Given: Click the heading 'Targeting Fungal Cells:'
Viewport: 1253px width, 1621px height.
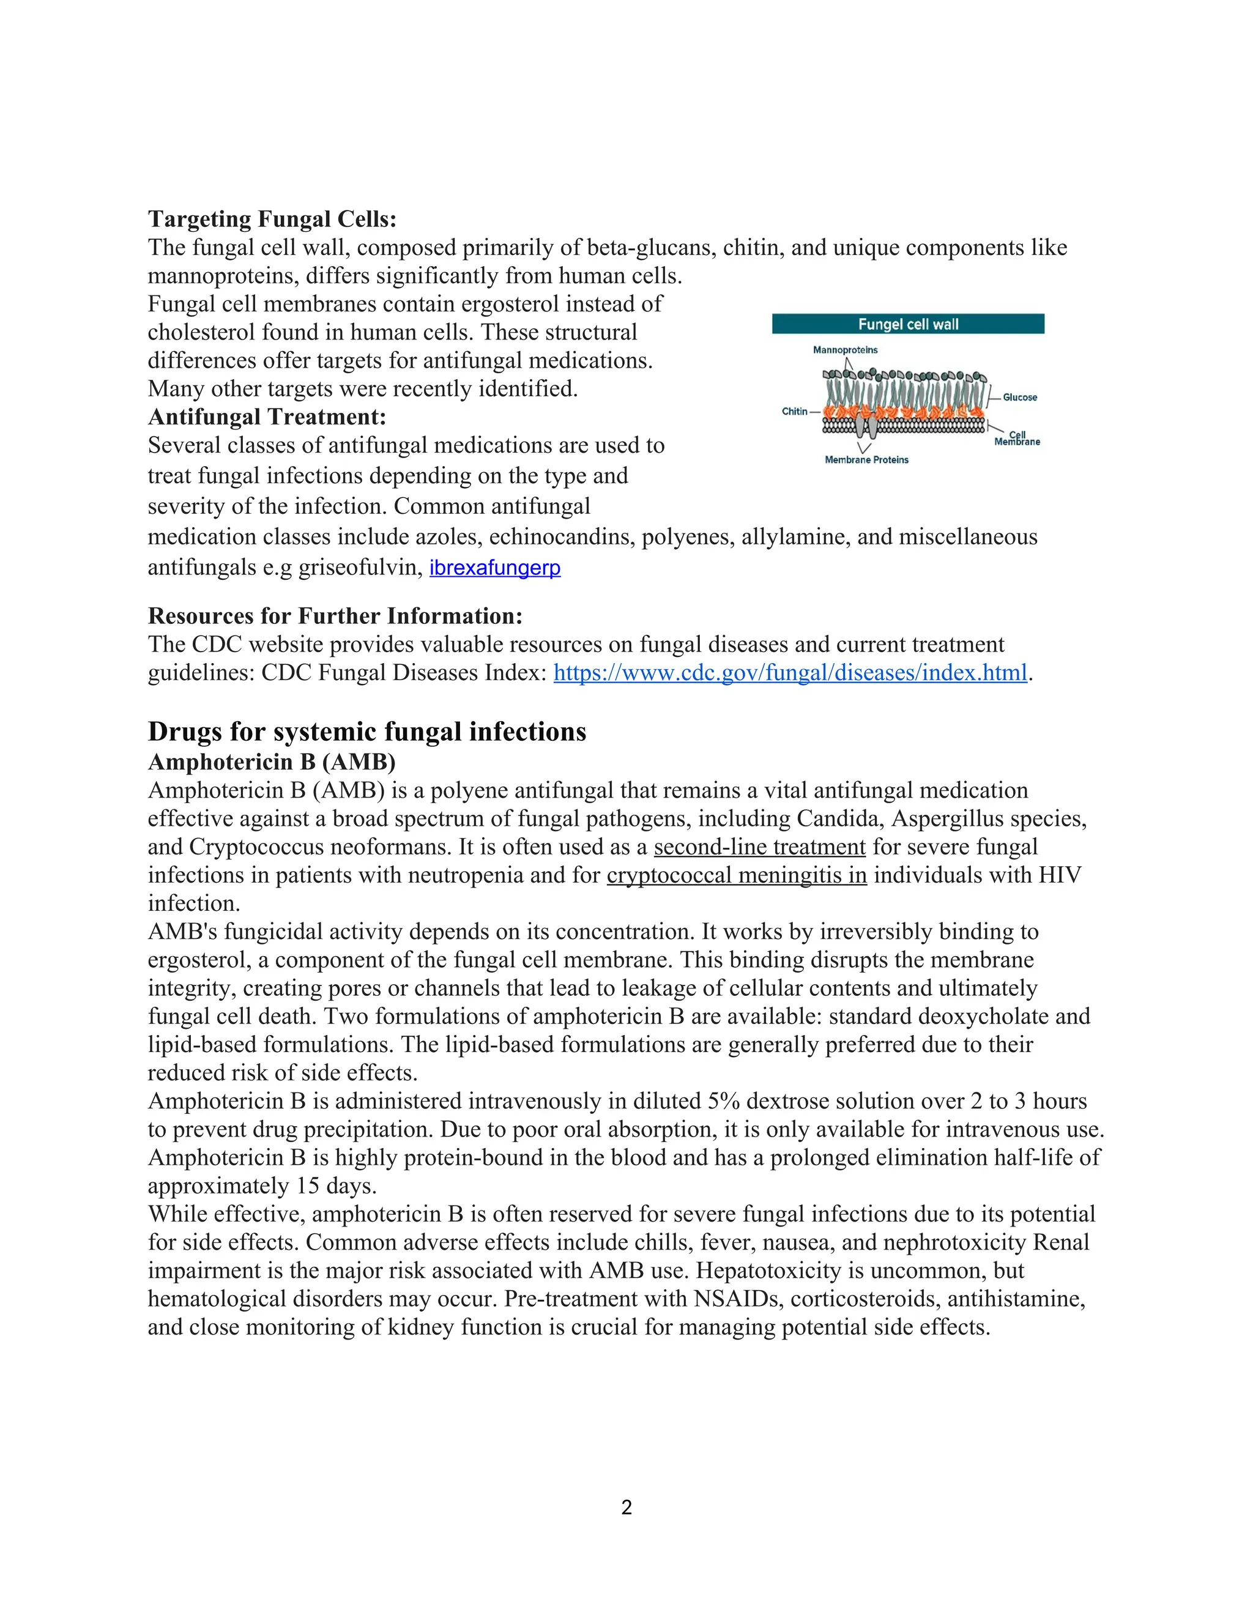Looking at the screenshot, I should click(272, 219).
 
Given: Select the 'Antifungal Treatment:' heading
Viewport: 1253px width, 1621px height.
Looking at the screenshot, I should click(267, 417).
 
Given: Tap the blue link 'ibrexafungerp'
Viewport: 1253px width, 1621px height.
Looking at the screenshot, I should click(494, 568).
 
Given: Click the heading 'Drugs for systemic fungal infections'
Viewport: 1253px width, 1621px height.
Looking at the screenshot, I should click(366, 731).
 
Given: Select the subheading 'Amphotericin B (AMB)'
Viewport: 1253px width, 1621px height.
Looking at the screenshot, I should click(272, 762).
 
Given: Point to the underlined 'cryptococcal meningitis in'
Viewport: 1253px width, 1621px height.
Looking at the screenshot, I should click(737, 875).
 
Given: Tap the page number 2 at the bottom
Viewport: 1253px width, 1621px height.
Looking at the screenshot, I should click(626, 1507).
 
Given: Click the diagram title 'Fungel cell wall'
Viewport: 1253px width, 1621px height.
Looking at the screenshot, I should click(908, 324).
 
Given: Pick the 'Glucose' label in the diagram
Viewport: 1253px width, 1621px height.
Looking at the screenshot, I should click(1020, 398).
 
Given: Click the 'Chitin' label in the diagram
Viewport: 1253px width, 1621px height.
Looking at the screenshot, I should click(794, 411).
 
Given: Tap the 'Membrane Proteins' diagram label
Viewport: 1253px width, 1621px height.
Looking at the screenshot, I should click(866, 460).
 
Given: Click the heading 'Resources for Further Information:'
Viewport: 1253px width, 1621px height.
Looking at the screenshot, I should click(335, 616).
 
